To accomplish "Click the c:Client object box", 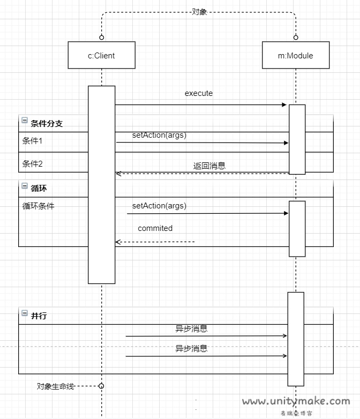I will click(101, 55).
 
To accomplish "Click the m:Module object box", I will click(295, 55).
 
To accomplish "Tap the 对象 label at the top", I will click(199, 12).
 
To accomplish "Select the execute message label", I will click(199, 93).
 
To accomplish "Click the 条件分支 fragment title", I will click(47, 123).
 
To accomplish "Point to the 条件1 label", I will click(32, 141).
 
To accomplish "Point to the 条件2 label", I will click(32, 163).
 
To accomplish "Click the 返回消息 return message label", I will click(209, 166).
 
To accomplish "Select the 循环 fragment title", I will click(39, 189).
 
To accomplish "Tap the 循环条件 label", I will click(38, 205).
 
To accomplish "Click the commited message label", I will click(155, 228).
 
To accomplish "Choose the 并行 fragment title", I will click(39, 316).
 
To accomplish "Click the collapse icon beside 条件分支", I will click(25, 121).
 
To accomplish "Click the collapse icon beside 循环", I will click(25, 186).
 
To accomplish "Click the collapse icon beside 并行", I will click(25, 313).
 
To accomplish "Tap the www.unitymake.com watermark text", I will click(296, 401).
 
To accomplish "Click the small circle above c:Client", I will click(101, 38).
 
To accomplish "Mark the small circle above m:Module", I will click(295, 38).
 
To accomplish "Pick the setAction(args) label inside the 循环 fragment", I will click(159, 206).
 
